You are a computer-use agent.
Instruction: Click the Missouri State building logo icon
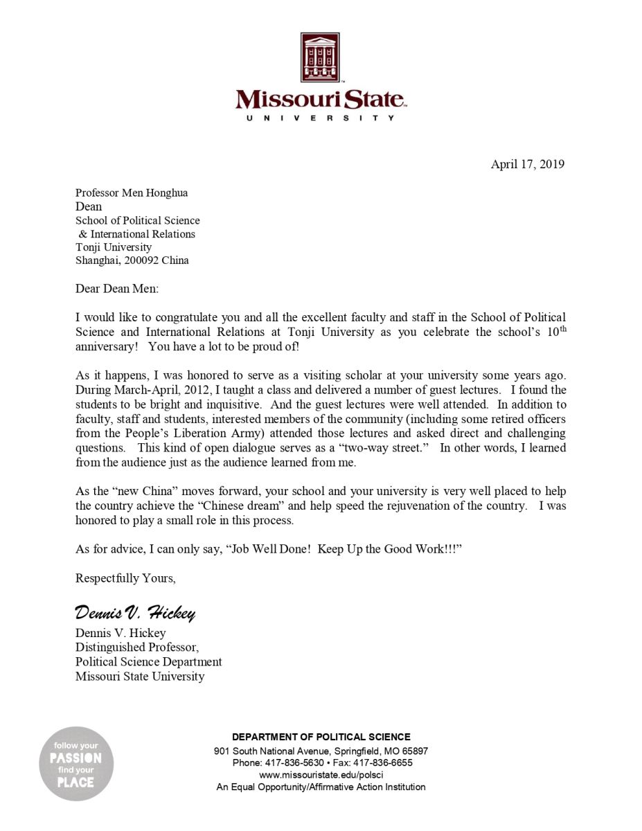pyautogui.click(x=320, y=57)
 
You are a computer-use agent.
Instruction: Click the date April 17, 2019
pyautogui.click(x=528, y=164)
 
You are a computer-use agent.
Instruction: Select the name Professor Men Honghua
pyautogui.click(x=132, y=193)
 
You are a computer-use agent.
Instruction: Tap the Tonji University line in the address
pyautogui.click(x=114, y=247)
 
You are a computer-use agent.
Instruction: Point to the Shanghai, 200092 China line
pyautogui.click(x=132, y=261)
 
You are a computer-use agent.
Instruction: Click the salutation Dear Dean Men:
pyautogui.click(x=117, y=289)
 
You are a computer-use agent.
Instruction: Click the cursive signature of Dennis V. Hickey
pyautogui.click(x=135, y=612)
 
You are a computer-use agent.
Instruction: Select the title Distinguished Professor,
pyautogui.click(x=137, y=647)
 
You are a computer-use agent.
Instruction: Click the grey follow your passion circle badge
pyautogui.click(x=75, y=764)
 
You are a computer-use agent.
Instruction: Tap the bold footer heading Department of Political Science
pyautogui.click(x=321, y=738)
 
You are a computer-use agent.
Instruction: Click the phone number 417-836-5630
pyautogui.click(x=294, y=762)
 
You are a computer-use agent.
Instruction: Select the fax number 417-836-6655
pyautogui.click(x=380, y=762)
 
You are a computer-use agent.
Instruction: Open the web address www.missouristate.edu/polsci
pyautogui.click(x=321, y=775)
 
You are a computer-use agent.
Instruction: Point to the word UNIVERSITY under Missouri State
pyautogui.click(x=321, y=118)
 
